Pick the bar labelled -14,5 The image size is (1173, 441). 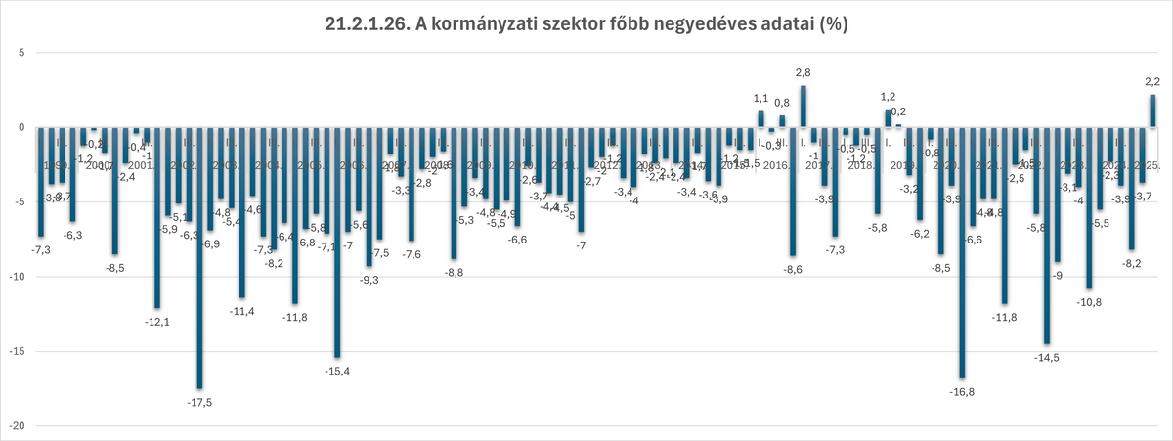click(x=1047, y=235)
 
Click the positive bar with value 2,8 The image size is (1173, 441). click(x=803, y=107)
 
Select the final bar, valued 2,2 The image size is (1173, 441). click(x=1152, y=110)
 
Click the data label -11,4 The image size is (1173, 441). click(x=241, y=312)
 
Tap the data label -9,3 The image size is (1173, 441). click(x=369, y=281)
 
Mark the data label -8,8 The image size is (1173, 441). click(x=454, y=273)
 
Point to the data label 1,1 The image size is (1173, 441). click(x=760, y=99)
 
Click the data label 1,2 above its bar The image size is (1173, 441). click(x=889, y=97)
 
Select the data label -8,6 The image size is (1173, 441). click(x=793, y=270)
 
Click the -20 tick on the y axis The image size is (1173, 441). click(x=15, y=426)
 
